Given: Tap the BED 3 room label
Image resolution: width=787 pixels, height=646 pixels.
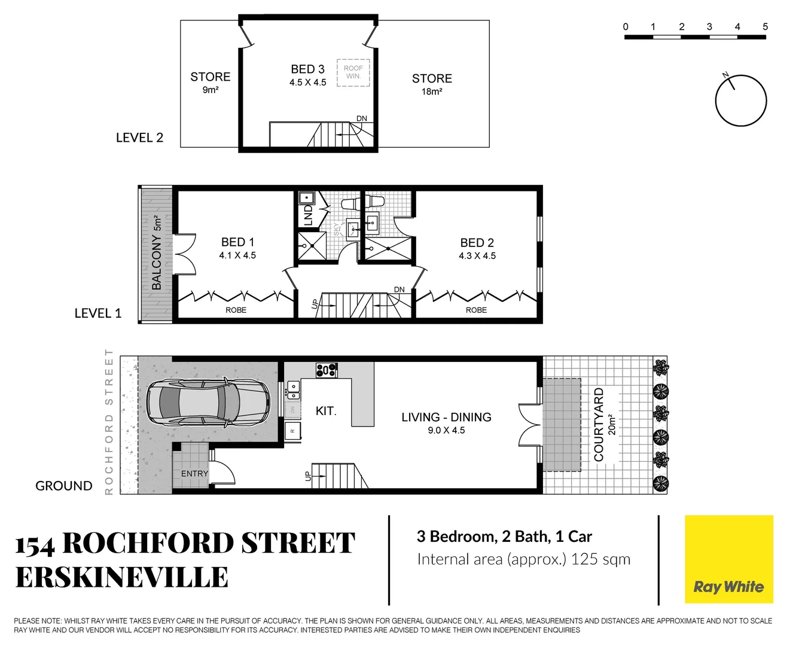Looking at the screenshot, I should point(307,69).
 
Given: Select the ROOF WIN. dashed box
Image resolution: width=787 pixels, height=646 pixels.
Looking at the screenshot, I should point(353,72).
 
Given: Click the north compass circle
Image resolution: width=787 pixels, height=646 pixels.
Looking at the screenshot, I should point(741,100).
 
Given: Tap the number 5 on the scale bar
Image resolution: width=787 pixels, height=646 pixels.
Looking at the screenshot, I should point(765,27).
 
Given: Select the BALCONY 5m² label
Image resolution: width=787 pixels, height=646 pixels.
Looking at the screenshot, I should point(157,254).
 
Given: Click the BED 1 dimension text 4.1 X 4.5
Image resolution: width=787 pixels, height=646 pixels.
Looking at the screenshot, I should point(237,255).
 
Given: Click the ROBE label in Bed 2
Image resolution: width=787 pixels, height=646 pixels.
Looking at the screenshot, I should point(476,310).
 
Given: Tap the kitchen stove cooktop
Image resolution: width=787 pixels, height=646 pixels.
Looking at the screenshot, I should point(327,370).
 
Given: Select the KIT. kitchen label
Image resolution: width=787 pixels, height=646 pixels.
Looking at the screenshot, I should point(326,411).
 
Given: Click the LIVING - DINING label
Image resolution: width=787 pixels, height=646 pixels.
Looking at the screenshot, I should point(446,417).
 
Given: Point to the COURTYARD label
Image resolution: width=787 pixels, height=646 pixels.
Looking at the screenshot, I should point(599,425).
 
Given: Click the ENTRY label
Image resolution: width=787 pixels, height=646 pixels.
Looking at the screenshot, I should point(194,473).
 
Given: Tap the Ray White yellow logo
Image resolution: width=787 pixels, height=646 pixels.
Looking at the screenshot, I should point(728,559).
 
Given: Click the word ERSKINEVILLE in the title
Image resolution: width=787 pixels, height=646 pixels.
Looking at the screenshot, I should point(122,577).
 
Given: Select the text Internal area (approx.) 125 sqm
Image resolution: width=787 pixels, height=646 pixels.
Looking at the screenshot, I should point(523,559).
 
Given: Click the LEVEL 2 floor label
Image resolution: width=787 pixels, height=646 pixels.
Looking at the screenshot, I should point(139,138).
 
